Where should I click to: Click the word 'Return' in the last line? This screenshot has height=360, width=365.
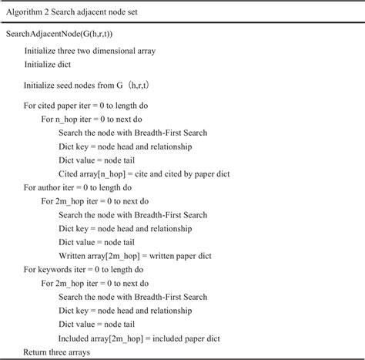pos(37,352)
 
